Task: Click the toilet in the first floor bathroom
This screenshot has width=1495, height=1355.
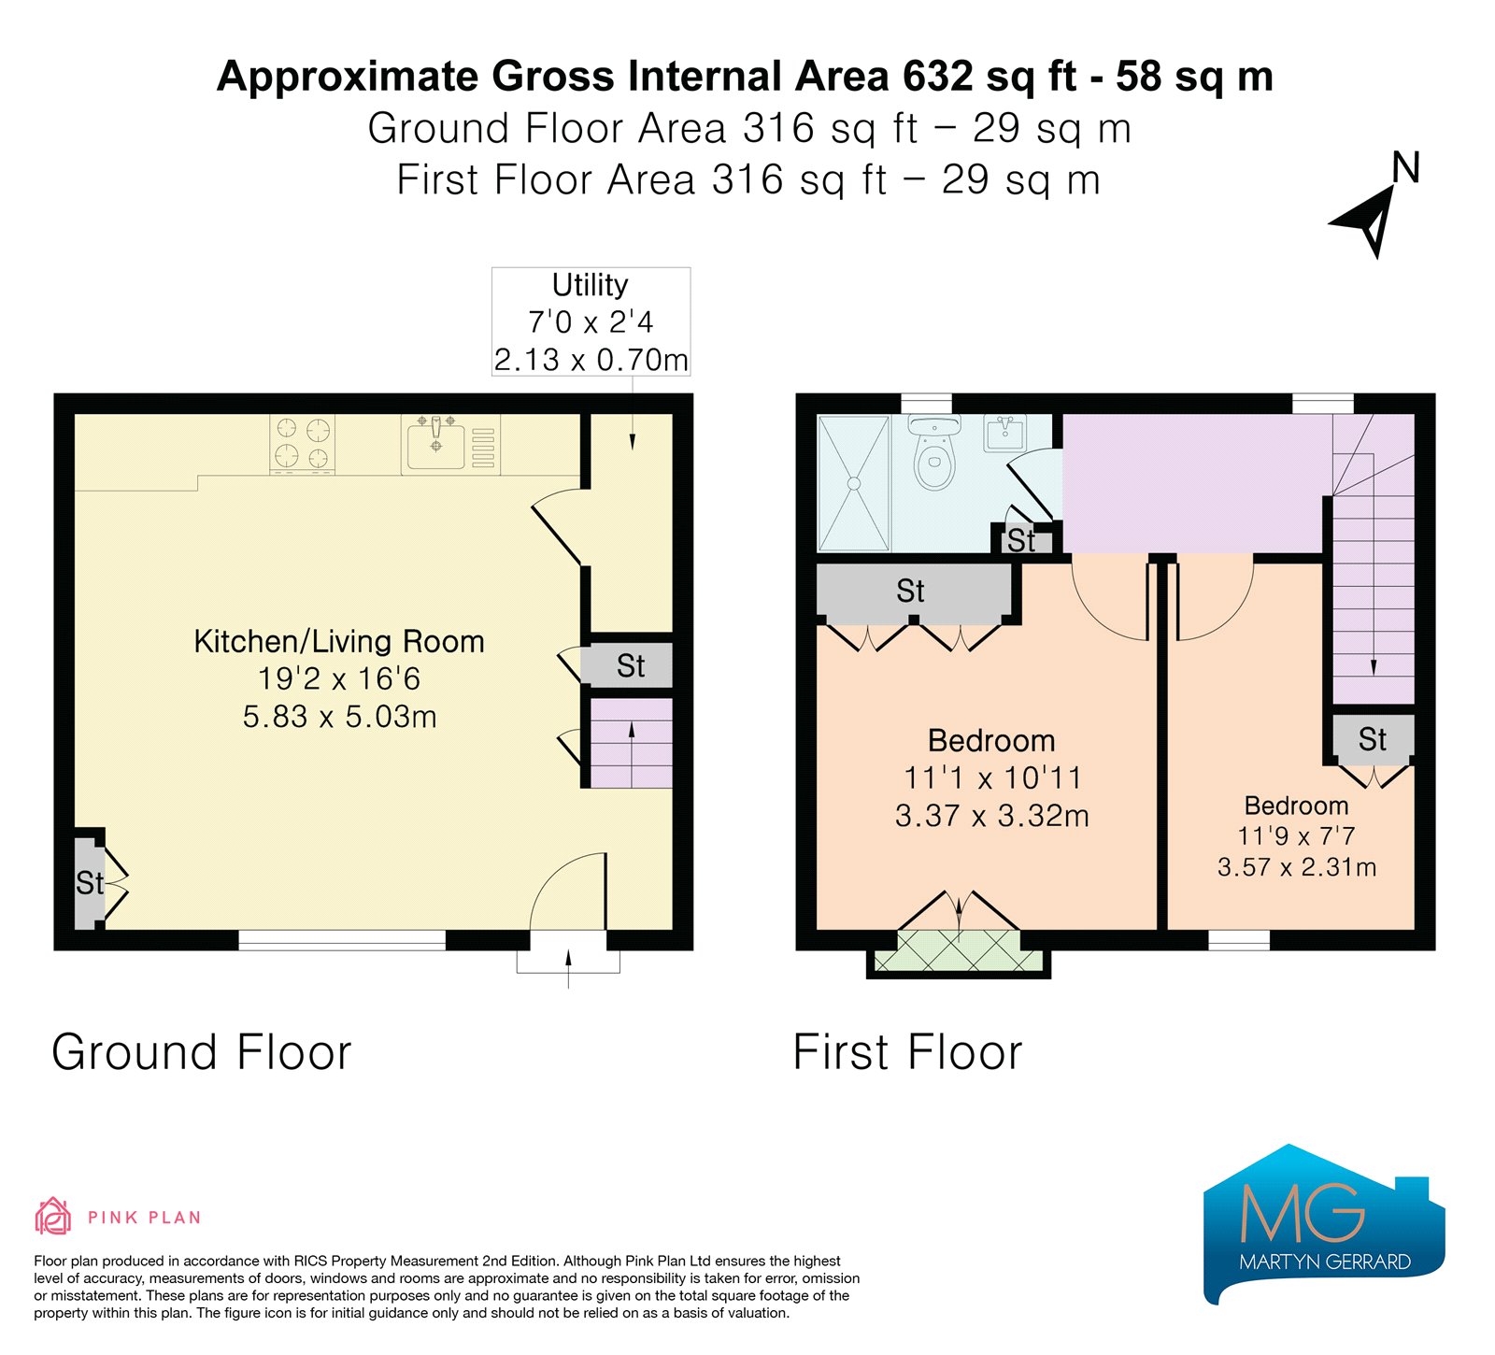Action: click(x=933, y=453)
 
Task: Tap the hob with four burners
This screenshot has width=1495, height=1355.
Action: click(x=303, y=443)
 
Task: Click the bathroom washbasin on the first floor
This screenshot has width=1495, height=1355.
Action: click(x=1004, y=433)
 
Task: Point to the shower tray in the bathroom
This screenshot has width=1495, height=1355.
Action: click(x=853, y=483)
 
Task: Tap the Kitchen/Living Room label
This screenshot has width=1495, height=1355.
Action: click(x=339, y=641)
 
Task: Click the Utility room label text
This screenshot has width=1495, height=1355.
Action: click(x=591, y=284)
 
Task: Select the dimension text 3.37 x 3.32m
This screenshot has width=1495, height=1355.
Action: click(x=992, y=816)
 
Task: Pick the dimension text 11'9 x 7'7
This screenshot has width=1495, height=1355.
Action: click(x=1297, y=836)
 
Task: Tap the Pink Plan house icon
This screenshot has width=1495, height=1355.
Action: click(x=53, y=1216)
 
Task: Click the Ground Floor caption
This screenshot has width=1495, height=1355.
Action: click(x=202, y=1052)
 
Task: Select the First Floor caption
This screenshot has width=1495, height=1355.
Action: click(x=908, y=1052)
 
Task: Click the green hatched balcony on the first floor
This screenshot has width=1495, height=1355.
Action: click(x=960, y=951)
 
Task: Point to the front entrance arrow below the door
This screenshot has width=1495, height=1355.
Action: click(x=568, y=967)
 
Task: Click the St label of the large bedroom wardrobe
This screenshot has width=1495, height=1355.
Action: click(x=911, y=591)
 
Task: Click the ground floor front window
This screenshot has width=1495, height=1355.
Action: click(x=342, y=940)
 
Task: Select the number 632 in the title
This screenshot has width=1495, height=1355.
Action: click(x=938, y=77)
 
